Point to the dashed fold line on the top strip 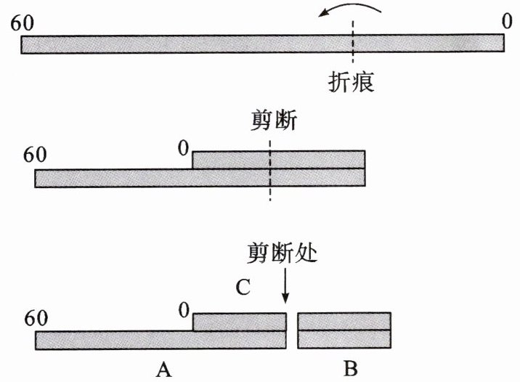pyautogui.click(x=352, y=44)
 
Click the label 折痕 pyautogui.click(x=351, y=83)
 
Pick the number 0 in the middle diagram pyautogui.click(x=184, y=150)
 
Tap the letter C pyautogui.click(x=243, y=286)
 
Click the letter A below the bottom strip pyautogui.click(x=164, y=370)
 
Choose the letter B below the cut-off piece pyautogui.click(x=350, y=370)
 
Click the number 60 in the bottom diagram pyautogui.click(x=39, y=319)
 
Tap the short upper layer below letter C pyautogui.click(x=240, y=322)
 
